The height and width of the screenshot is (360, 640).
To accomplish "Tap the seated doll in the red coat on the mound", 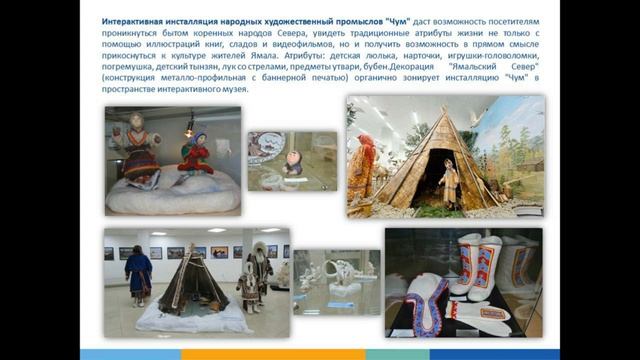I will pos(195,152).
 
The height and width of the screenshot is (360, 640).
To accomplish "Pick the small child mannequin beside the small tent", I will pos(244,290).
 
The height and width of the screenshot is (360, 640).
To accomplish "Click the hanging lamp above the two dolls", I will pos(189,125).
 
